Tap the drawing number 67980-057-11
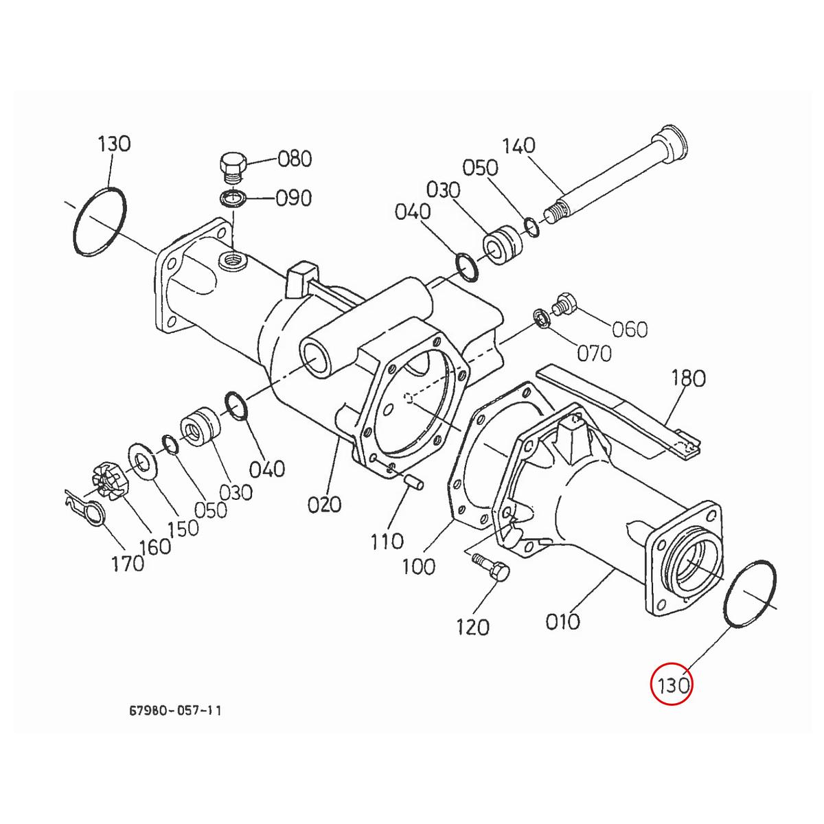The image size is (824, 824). pos(175,710)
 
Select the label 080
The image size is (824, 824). pos(295,159)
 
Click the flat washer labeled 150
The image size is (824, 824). pos(143,459)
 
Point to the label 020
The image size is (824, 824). pos(324,505)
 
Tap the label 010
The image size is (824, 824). pos(562,621)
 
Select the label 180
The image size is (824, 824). pos(689,378)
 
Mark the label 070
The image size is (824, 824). pos(594,354)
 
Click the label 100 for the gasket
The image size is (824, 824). pos(419,566)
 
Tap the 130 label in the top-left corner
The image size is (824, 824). pos(113,144)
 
